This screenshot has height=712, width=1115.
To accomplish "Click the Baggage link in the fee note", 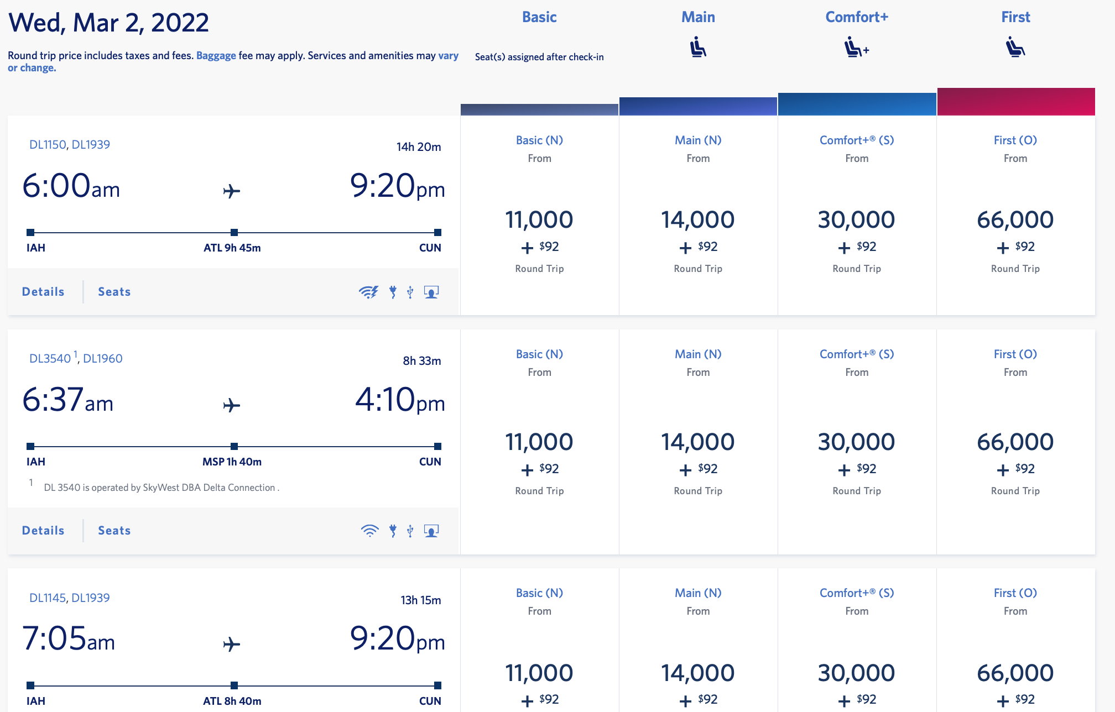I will click(x=216, y=56).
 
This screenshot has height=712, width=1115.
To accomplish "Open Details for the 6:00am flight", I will click(x=43, y=292).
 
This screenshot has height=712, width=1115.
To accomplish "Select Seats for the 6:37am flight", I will click(x=114, y=531).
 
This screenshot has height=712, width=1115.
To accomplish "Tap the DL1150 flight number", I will click(x=48, y=145).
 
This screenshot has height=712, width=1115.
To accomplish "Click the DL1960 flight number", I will click(x=103, y=359).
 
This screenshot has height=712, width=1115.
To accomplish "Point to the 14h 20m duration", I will click(x=419, y=147).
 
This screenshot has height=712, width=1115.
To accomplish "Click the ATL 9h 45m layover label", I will click(x=232, y=248).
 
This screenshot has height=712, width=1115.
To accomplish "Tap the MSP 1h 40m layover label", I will click(x=232, y=462).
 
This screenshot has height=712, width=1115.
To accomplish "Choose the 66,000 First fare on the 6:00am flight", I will click(x=1015, y=220).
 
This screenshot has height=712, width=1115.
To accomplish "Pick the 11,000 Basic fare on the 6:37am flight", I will click(x=539, y=442).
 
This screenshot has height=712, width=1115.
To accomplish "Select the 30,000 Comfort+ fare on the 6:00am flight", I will click(x=856, y=220).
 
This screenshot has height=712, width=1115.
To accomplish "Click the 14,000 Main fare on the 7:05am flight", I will click(x=698, y=673).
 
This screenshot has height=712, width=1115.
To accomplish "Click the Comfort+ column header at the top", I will click(x=857, y=17).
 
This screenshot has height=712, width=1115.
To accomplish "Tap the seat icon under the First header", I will click(x=1015, y=48).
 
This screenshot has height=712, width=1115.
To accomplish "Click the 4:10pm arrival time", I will click(x=400, y=400).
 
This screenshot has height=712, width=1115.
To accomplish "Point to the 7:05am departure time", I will click(x=69, y=639).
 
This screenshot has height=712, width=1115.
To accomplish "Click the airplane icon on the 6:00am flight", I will click(x=232, y=191).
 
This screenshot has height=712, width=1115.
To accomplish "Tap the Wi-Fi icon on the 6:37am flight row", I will click(x=369, y=531).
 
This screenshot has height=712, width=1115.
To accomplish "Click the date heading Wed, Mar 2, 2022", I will click(x=109, y=23).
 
